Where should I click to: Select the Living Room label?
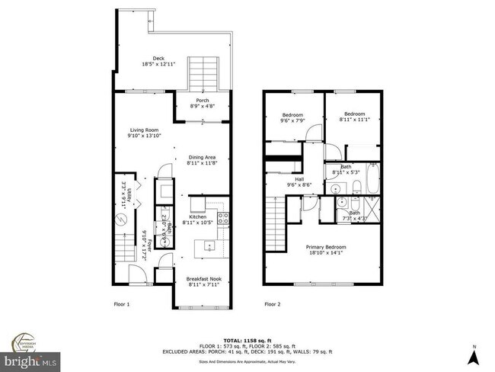[x=144, y=133]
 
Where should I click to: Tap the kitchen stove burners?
[x=224, y=219]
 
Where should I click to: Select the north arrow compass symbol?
[x=473, y=354]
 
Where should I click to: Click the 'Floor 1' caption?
[x=122, y=304]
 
